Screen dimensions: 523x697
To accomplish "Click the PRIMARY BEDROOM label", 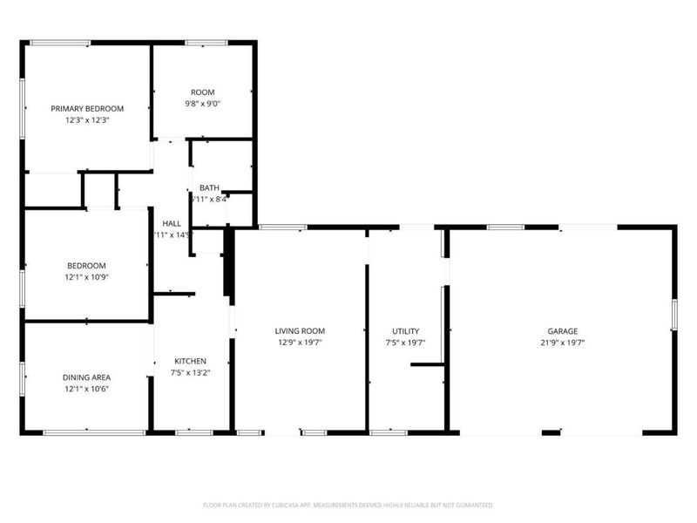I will (x=87, y=109).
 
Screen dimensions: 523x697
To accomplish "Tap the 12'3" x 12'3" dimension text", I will (x=87, y=120).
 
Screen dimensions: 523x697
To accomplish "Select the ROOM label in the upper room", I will (x=203, y=92).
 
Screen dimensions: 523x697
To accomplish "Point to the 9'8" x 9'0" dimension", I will (x=203, y=104).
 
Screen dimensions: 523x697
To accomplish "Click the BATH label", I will (x=209, y=187).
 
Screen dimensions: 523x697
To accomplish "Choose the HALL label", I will (x=172, y=223).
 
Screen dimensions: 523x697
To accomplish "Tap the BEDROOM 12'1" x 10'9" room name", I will (x=87, y=266).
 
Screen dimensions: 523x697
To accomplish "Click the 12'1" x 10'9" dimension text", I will (x=87, y=277).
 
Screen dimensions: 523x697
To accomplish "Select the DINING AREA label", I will (x=87, y=377).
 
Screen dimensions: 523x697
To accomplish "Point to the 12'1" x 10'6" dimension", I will (x=87, y=389).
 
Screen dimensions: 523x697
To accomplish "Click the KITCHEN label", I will (x=190, y=361).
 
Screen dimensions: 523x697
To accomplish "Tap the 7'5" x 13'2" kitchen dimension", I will (x=190, y=372).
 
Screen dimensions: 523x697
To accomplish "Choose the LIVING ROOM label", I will (x=300, y=331).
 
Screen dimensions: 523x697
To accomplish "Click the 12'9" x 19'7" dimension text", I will (x=300, y=343).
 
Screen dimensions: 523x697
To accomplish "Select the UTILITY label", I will (x=405, y=331).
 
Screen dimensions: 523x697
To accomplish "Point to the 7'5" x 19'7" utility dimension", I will (x=405, y=343).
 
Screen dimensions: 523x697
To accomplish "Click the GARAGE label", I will (x=563, y=331).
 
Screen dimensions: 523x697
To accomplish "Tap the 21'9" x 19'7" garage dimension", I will (x=563, y=343).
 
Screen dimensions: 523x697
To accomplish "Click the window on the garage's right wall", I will (x=673, y=316).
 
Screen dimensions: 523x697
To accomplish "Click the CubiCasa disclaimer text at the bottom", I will (x=348, y=505).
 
